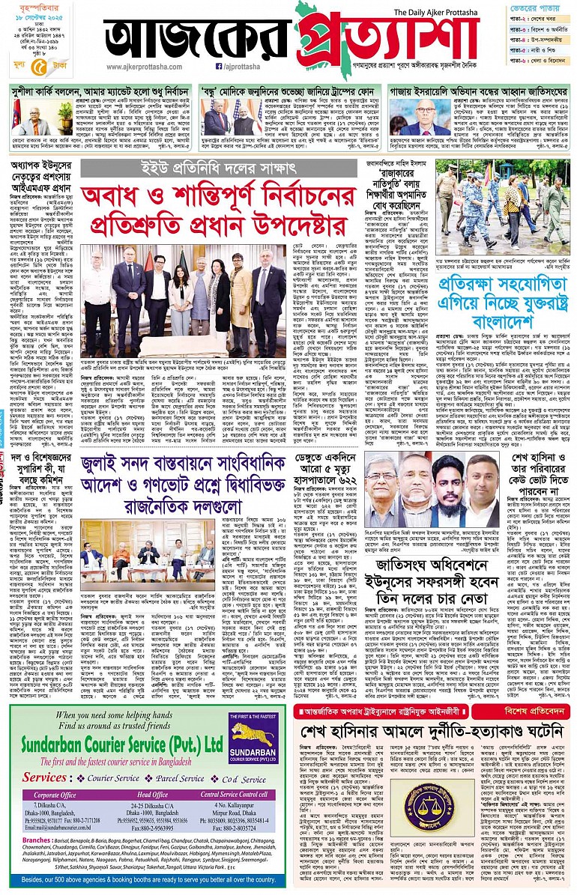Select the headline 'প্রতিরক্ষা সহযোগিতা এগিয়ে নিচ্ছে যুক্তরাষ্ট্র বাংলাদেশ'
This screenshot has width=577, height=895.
point(507,292)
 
